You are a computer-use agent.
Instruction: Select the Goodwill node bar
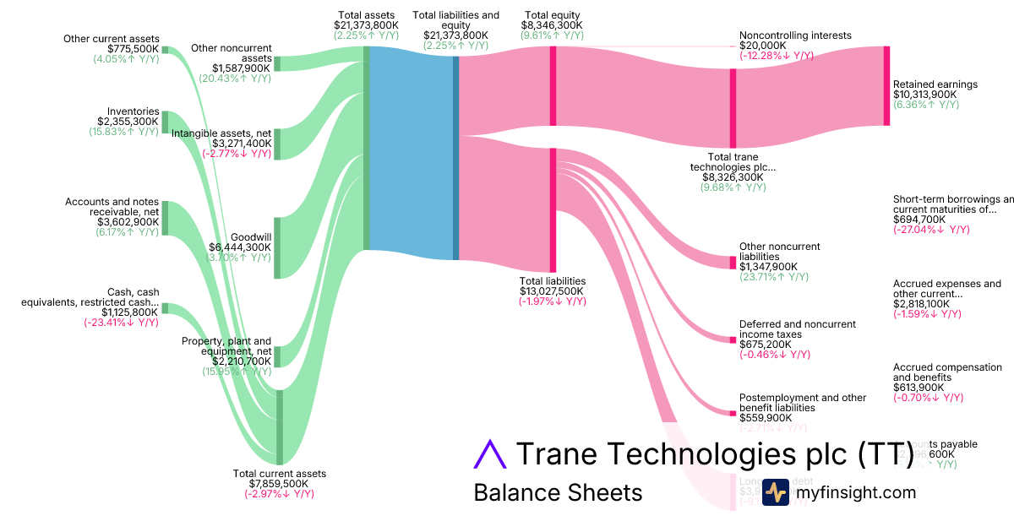pyautogui.click(x=277, y=247)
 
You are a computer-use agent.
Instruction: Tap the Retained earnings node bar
pyautogui.click(x=886, y=86)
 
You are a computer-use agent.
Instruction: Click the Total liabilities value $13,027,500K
pyautogui.click(x=553, y=291)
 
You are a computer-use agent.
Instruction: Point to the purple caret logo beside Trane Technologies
pyautogui.click(x=488, y=453)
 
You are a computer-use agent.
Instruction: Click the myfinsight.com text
pyautogui.click(x=856, y=492)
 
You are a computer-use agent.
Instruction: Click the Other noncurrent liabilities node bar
pyautogui.click(x=733, y=263)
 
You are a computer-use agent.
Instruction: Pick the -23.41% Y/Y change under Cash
pyautogui.click(x=121, y=323)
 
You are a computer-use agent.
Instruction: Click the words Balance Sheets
pyautogui.click(x=558, y=492)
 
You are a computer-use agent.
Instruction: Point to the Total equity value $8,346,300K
pyautogui.click(x=553, y=26)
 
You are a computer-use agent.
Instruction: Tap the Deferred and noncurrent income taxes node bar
pyautogui.click(x=733, y=339)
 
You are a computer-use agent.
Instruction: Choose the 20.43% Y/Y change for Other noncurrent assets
pyautogui.click(x=235, y=79)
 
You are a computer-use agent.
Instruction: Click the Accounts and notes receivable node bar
pyautogui.click(x=165, y=218)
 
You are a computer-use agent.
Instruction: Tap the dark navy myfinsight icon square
pyautogui.click(x=776, y=491)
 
